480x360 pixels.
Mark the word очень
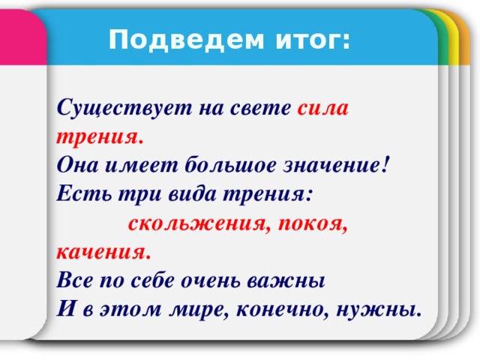(x=226, y=280)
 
